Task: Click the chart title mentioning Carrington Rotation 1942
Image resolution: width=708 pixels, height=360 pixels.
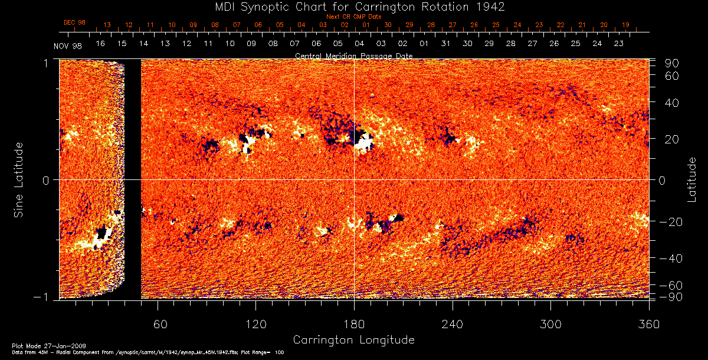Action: [x=353, y=6]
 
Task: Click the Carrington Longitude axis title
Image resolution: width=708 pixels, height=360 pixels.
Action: [x=353, y=340]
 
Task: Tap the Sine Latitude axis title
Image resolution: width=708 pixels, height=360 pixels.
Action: [x=19, y=179]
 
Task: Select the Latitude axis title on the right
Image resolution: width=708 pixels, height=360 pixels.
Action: [x=693, y=179]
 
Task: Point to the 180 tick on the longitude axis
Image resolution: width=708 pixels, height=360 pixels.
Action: [x=354, y=325]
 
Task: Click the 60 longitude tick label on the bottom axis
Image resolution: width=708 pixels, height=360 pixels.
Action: [x=160, y=325]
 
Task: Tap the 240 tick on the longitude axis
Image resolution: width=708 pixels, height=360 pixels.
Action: [x=452, y=325]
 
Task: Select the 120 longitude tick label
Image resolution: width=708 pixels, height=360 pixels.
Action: [x=255, y=325]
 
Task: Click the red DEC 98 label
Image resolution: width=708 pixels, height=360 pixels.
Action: [x=74, y=22]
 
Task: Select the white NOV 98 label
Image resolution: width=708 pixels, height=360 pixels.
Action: [x=67, y=46]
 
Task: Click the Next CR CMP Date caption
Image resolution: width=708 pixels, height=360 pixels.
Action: [x=353, y=17]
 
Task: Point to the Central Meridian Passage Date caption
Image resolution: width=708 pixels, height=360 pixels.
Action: [x=353, y=56]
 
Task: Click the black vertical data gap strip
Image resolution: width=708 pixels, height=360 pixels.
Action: [x=133, y=177]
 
